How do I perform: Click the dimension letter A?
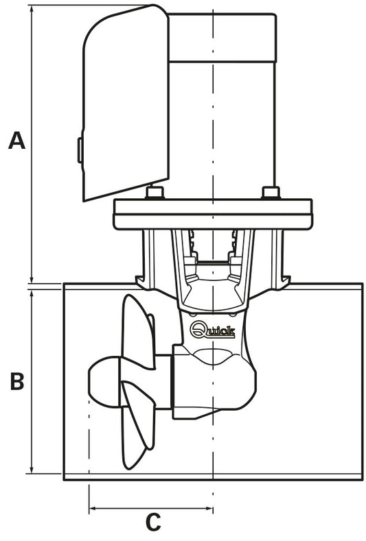point(16,140)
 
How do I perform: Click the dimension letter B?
point(17,381)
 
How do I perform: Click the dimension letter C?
point(153,522)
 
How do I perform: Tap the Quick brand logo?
point(213,330)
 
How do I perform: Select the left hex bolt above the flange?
point(155,193)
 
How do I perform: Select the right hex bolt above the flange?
point(271,193)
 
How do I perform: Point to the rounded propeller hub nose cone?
point(103,381)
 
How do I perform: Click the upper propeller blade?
point(138,331)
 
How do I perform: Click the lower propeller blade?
point(138,424)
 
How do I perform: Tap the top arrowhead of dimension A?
point(32,9)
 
